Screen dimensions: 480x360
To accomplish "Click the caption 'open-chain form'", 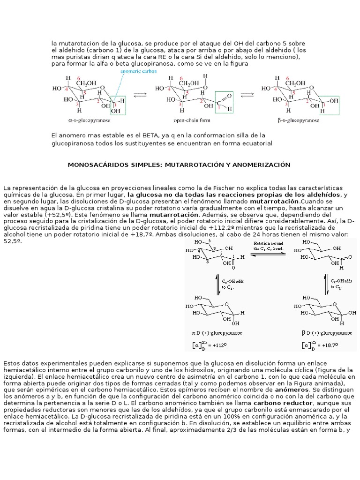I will coord(188,120).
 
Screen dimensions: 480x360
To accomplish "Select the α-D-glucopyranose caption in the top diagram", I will coord(89,120).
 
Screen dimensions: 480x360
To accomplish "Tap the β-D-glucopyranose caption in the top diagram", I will coord(298,120).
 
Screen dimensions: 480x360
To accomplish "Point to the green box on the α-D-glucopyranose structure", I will coord(118,103).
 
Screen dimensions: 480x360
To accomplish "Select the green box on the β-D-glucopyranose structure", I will coord(329,103).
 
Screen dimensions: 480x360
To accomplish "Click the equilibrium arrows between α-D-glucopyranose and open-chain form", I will coord(140,94).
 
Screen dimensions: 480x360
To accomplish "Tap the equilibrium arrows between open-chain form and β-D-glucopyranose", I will coord(248,94).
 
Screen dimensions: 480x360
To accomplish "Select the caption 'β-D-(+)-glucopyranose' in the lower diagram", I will coord(326,333).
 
